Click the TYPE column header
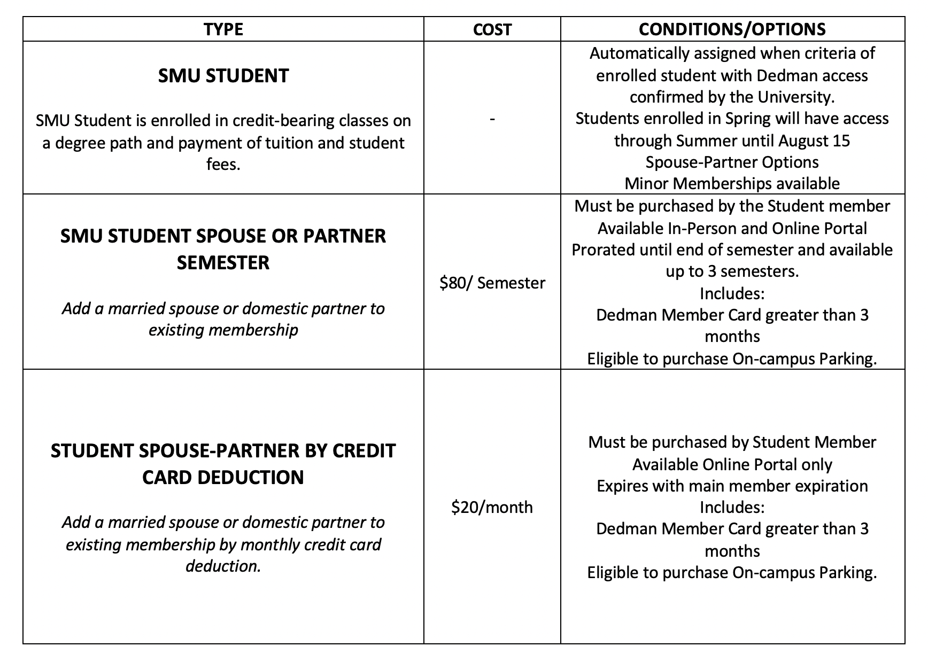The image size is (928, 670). pos(223,29)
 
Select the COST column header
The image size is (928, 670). pos(492,29)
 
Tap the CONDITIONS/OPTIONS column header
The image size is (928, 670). pos(732,29)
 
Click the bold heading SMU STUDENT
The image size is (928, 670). pos(223,76)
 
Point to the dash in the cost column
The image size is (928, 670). pos(492,119)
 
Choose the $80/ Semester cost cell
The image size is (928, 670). pos(492,283)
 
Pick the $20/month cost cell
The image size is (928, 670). pos(492,507)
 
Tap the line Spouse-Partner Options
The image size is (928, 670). pos(732,162)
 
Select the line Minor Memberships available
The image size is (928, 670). pos(732,184)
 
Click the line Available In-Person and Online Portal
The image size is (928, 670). pos(732,228)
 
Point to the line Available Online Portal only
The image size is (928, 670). pos(732,464)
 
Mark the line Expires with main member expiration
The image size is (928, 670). pos(732,486)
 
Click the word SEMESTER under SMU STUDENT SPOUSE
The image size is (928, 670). pos(223,263)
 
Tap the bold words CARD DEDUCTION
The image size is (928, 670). pos(223,477)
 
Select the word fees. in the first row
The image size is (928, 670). pos(223,164)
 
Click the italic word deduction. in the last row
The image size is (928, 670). pos(223,566)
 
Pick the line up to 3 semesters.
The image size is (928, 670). pos(732,271)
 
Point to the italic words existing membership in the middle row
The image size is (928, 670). pos(223,330)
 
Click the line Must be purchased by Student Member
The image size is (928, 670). pos(732,442)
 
